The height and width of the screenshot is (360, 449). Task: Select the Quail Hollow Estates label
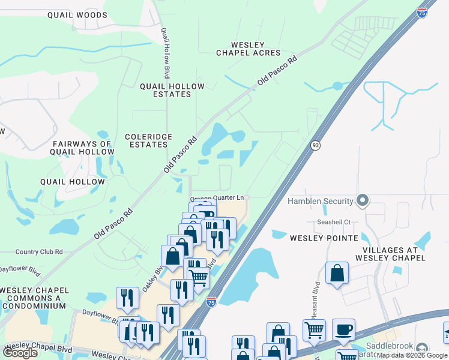(x=172, y=90)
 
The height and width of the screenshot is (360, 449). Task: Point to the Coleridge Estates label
(x=146, y=140)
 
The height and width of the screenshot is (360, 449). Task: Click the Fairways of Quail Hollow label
(x=83, y=148)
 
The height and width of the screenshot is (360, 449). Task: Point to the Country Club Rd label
(x=39, y=252)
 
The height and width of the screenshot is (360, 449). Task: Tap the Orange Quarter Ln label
(x=218, y=198)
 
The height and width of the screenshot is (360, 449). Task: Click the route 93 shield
(x=315, y=145)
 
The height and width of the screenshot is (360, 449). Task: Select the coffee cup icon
(x=343, y=330)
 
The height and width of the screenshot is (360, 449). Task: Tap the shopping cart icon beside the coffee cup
(x=314, y=330)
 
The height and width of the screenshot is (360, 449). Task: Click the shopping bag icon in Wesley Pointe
(x=337, y=273)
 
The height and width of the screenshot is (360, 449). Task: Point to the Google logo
(x=20, y=353)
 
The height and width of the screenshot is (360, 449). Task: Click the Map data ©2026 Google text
(x=411, y=355)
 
